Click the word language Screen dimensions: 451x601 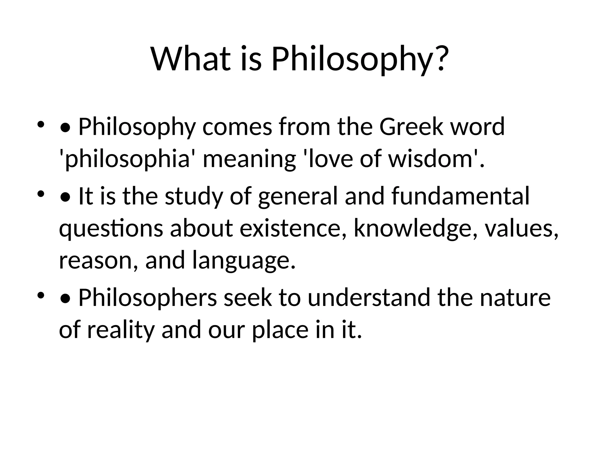coord(244,261)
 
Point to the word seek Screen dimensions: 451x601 coord(248,298)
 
